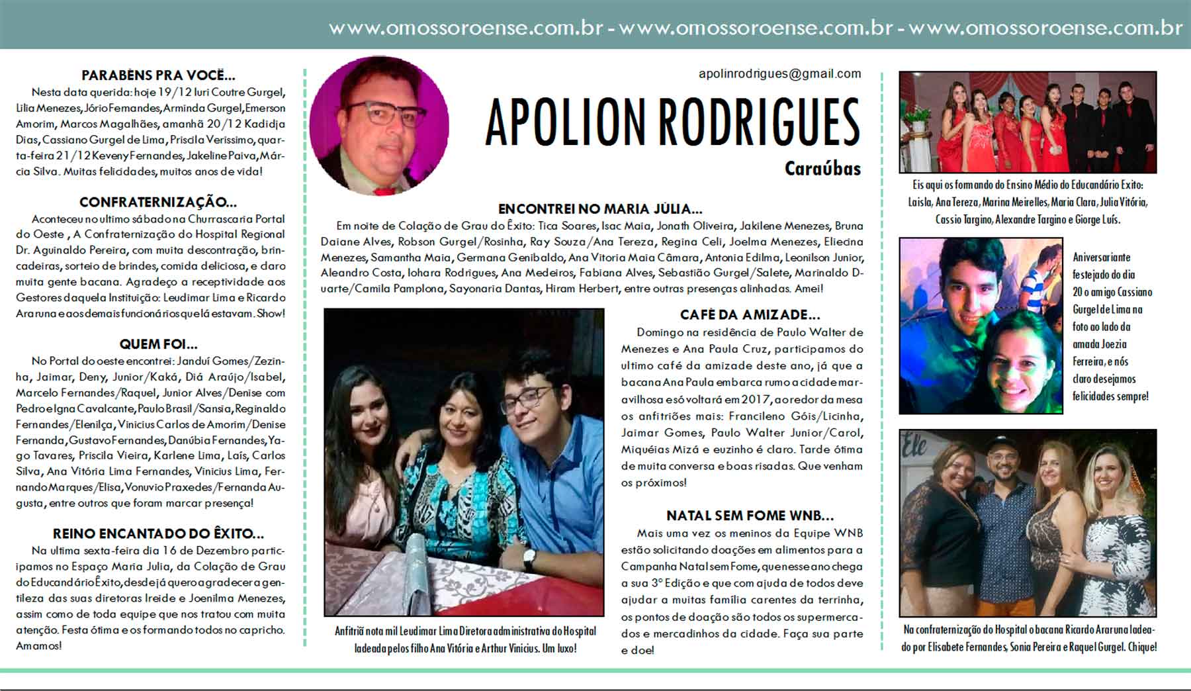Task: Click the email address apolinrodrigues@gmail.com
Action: point(779,73)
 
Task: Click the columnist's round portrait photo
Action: point(379,126)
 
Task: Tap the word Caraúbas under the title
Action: point(822,169)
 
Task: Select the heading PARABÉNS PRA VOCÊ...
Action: point(158,75)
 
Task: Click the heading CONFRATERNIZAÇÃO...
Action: point(158,203)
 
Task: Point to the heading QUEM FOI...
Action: point(158,344)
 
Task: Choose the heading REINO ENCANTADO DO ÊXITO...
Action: point(158,533)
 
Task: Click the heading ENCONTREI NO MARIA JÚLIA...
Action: point(600,209)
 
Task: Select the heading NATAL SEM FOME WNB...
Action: point(750,516)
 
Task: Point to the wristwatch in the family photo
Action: point(529,560)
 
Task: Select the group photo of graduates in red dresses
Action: point(1028,122)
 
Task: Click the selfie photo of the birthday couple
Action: point(981,326)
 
